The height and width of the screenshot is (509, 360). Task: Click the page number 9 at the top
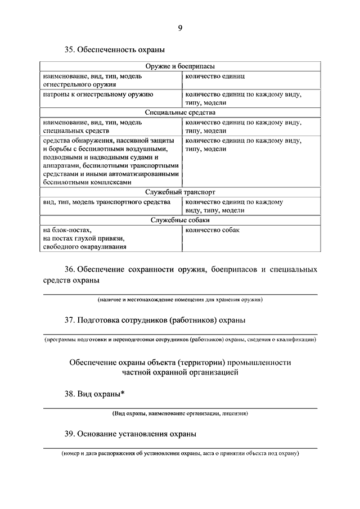click(x=180, y=28)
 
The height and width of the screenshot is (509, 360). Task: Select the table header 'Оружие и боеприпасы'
click(x=180, y=66)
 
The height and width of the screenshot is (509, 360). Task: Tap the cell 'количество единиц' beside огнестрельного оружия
click(x=214, y=75)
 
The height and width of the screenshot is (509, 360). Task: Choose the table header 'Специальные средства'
click(x=180, y=112)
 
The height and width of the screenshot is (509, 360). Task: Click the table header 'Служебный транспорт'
click(x=180, y=192)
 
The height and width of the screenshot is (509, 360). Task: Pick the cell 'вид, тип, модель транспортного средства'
click(x=105, y=201)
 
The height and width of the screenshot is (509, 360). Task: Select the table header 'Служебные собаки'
click(x=180, y=220)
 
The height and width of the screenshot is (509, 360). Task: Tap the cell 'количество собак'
click(x=211, y=229)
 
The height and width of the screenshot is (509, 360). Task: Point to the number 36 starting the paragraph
click(x=69, y=269)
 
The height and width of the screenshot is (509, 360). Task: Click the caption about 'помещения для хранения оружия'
click(x=179, y=300)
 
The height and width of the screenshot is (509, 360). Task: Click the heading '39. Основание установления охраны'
click(x=130, y=434)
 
